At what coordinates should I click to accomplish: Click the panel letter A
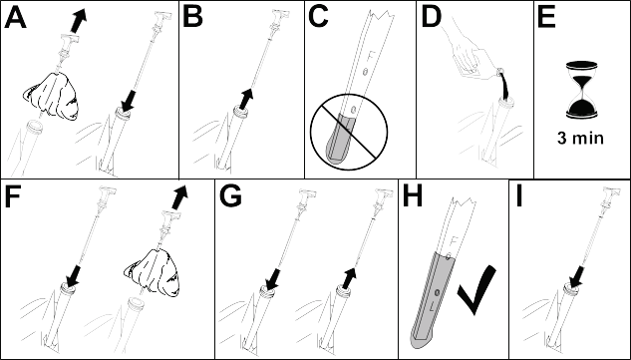click(15, 18)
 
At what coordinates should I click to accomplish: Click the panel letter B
click(192, 18)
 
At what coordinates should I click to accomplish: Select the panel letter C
click(318, 18)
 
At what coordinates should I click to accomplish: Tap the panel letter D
click(431, 18)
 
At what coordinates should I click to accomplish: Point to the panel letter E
click(546, 18)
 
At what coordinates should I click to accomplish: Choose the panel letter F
click(13, 196)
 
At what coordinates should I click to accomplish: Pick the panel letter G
click(230, 196)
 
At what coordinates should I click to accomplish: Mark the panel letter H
click(413, 196)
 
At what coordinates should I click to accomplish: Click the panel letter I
click(519, 196)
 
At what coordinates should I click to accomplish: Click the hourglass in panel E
click(581, 90)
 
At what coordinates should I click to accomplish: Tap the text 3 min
click(580, 139)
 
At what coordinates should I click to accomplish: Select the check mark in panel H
click(476, 289)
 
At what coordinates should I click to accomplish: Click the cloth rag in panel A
click(50, 96)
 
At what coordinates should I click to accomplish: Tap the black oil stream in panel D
click(504, 87)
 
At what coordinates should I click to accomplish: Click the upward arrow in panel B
click(245, 99)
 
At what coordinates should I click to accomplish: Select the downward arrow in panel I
click(577, 277)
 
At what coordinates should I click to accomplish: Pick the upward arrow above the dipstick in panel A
click(79, 20)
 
